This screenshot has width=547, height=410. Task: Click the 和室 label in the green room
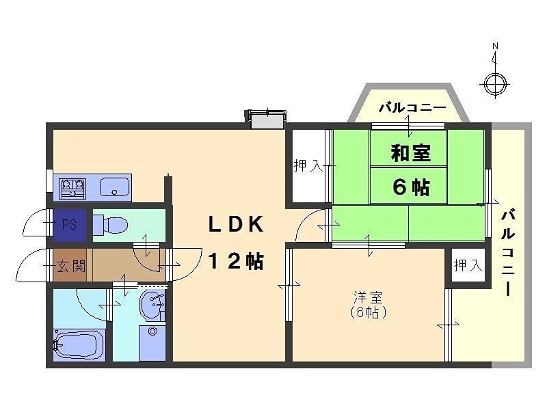(410, 152)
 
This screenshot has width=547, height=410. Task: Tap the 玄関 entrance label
(70, 266)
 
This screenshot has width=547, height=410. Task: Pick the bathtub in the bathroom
(79, 346)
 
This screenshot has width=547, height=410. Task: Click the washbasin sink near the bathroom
(152, 306)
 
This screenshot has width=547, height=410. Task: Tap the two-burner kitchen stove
(72, 186)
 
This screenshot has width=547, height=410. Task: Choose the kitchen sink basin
(117, 186)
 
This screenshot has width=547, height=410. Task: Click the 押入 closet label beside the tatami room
(308, 165)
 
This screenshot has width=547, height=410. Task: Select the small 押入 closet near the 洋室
(468, 265)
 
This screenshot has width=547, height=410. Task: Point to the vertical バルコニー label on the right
(508, 252)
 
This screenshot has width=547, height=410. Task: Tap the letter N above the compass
(495, 46)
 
